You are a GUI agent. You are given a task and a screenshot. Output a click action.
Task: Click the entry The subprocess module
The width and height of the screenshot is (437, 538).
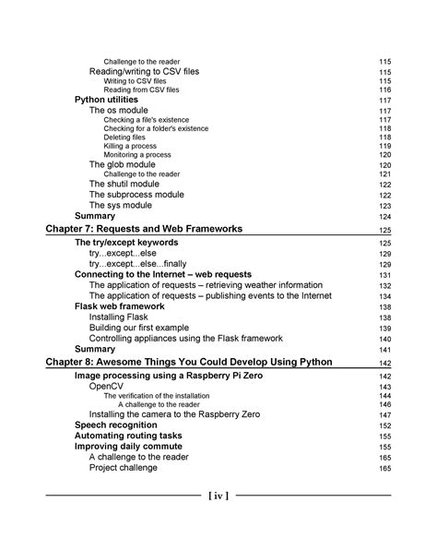tap(136, 195)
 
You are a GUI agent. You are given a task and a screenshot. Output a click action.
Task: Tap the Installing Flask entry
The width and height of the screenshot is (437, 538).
tap(121, 317)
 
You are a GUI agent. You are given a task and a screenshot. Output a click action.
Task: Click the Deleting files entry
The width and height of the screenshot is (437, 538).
tap(131, 137)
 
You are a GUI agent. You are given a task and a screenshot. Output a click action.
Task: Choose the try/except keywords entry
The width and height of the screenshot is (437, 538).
tap(126, 243)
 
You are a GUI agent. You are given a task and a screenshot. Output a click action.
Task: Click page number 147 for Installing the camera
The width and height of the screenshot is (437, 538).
tap(384, 415)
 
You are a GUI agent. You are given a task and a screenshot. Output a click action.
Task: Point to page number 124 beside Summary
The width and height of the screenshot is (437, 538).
tap(384, 217)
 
